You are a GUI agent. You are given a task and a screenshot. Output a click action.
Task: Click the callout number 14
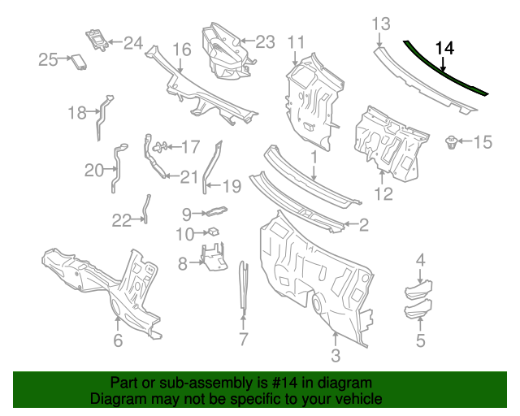pos(444,48)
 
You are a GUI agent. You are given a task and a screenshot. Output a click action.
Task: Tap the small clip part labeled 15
pos(448,145)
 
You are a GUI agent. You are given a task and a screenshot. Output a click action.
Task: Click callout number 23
pos(266,41)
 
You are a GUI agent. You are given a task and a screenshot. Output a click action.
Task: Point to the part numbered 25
pos(79,62)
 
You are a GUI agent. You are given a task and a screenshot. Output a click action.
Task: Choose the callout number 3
pos(336,355)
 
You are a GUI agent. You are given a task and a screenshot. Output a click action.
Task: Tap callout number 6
pos(118,340)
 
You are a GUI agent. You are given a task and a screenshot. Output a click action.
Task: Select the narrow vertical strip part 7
pos(243,288)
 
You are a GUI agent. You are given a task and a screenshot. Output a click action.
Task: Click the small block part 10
pos(212,232)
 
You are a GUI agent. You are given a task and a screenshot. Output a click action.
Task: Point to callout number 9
pos(186,214)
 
